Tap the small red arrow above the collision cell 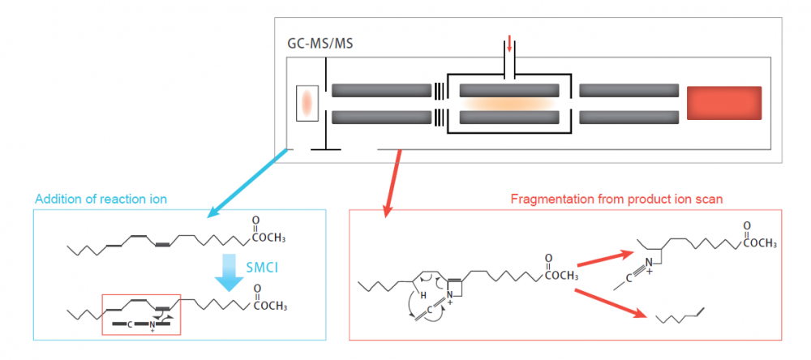[x=509, y=44]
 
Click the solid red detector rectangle [x=724, y=102]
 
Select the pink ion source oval [x=307, y=103]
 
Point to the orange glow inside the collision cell [x=508, y=104]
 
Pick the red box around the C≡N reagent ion [x=141, y=315]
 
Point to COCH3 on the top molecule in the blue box [x=268, y=237]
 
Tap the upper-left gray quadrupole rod [x=381, y=89]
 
